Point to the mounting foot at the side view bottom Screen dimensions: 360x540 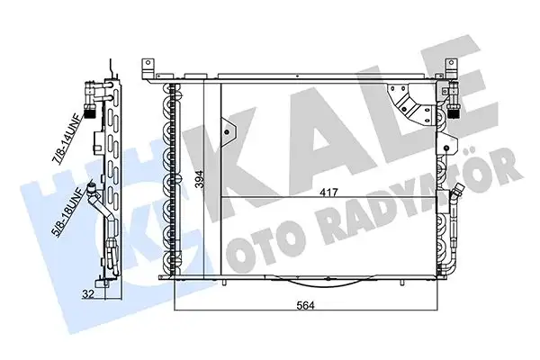pyautogui.click(x=108, y=282)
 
